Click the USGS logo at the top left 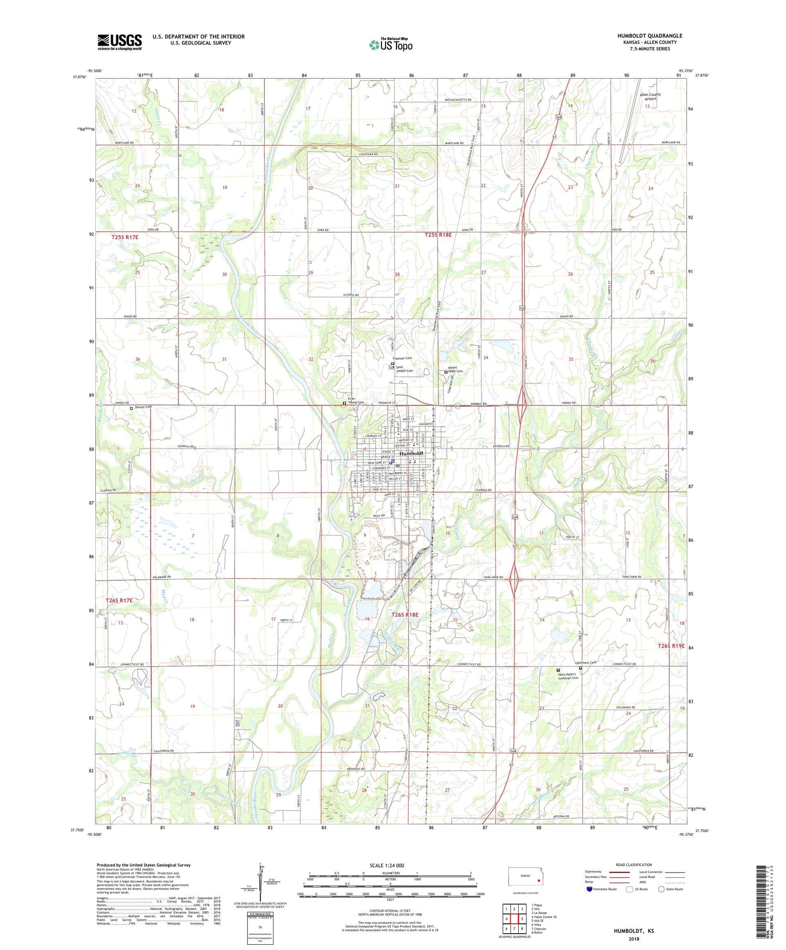pos(119,42)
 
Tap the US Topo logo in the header pos(391,45)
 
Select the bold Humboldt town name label pos(411,453)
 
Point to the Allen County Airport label pos(650,96)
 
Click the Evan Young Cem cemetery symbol pos(344,403)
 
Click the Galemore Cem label pos(585,663)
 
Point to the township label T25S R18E pos(438,235)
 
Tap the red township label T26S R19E pos(671,646)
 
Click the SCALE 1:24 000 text pos(390,865)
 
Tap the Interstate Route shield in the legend pos(589,889)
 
